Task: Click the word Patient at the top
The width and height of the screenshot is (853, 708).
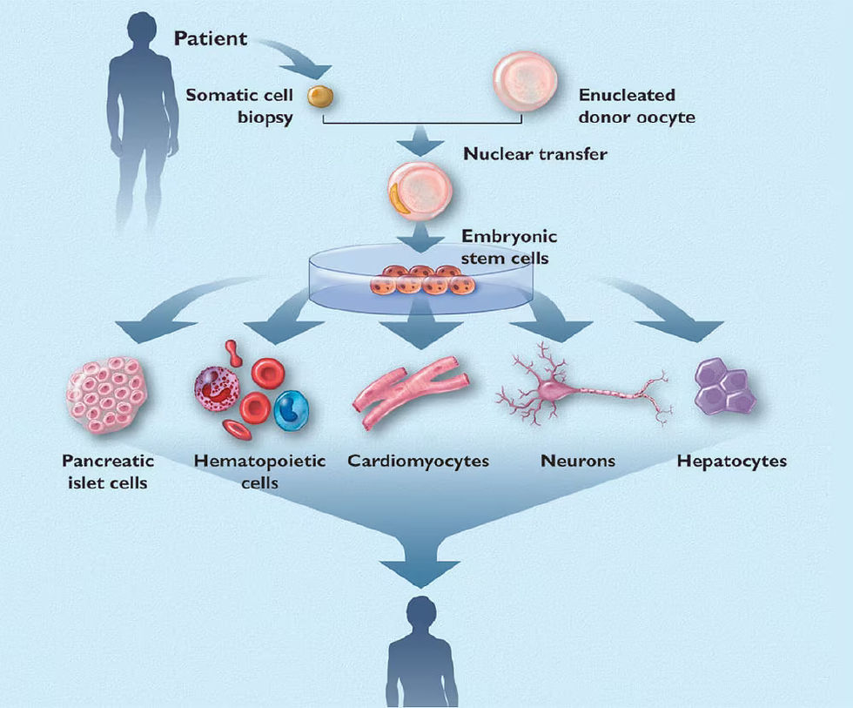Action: click(x=211, y=38)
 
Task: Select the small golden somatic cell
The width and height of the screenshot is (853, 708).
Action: click(x=321, y=95)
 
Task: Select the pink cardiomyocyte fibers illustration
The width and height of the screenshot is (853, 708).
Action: click(x=410, y=393)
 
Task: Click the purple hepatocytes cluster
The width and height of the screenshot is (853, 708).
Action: click(x=723, y=389)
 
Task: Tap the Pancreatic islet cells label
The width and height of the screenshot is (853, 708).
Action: click(x=107, y=469)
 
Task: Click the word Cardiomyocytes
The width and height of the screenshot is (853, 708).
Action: click(x=418, y=460)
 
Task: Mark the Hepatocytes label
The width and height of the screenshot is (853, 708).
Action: click(x=731, y=460)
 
